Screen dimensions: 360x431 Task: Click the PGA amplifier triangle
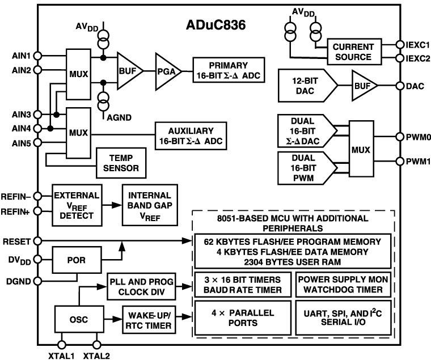click(x=165, y=71)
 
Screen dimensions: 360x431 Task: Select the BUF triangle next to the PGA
click(x=126, y=71)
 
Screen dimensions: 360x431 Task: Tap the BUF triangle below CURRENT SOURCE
click(x=362, y=86)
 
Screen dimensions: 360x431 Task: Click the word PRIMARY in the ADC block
click(x=228, y=65)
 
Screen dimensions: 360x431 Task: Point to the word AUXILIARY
click(x=191, y=131)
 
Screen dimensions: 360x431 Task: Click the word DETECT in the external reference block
click(x=77, y=216)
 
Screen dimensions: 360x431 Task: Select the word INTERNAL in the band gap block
click(x=150, y=195)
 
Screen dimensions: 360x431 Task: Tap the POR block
click(x=77, y=260)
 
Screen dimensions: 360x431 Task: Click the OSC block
click(x=79, y=320)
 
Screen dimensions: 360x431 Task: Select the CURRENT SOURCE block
click(x=353, y=52)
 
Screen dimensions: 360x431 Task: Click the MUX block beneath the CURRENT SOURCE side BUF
click(x=361, y=150)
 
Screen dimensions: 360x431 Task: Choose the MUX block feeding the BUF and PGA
click(x=78, y=74)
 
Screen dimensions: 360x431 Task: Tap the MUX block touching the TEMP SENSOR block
click(x=78, y=133)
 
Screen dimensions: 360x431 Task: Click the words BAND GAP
click(x=150, y=206)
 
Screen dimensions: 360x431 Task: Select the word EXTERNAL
click(x=77, y=196)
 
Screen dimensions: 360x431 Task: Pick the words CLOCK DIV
click(x=142, y=293)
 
